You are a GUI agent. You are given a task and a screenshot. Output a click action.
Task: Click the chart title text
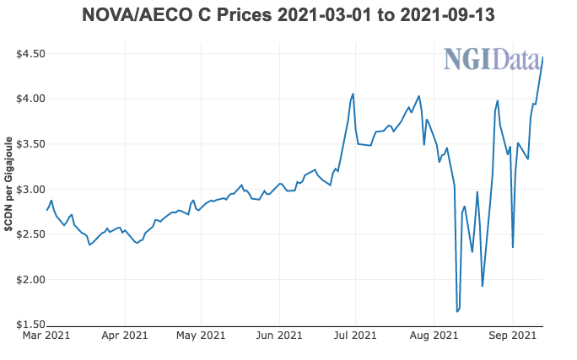(288, 14)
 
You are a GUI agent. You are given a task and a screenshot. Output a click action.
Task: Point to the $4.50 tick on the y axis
(30, 54)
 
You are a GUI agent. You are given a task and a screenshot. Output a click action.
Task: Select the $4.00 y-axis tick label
(30, 99)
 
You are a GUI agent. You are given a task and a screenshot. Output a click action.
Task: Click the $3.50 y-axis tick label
(30, 144)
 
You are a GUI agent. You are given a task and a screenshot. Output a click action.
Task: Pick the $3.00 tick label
(30, 189)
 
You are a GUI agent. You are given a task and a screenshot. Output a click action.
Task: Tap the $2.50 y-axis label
(30, 234)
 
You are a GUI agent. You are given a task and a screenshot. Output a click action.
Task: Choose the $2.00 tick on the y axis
(30, 279)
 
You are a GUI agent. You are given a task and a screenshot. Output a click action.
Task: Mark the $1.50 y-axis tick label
(30, 325)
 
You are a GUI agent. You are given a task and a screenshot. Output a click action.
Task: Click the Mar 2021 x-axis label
(46, 336)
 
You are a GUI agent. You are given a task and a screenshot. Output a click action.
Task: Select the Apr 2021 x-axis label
(125, 336)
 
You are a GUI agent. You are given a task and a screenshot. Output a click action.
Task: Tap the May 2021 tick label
(201, 336)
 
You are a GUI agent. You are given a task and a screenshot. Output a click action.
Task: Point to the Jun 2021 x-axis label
(279, 336)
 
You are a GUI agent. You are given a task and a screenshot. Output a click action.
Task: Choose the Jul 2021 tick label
(355, 336)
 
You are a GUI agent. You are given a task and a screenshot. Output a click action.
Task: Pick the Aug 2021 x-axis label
(434, 336)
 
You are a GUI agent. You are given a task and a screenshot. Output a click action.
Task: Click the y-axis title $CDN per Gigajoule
(9, 189)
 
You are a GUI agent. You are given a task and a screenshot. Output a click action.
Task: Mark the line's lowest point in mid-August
(457, 312)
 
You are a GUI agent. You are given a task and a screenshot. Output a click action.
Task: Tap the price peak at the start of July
(353, 94)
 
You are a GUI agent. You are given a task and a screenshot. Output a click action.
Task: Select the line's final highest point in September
(542, 57)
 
